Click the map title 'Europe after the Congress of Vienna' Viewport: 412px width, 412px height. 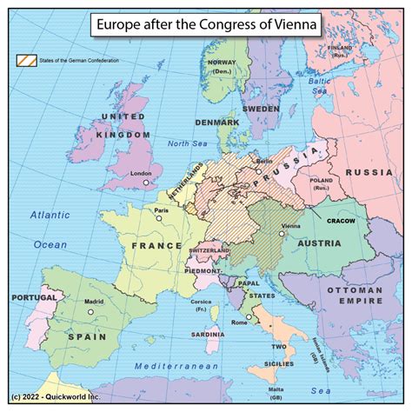click(x=205, y=23)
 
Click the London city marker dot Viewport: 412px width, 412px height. click(x=147, y=183)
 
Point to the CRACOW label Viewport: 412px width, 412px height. click(x=346, y=222)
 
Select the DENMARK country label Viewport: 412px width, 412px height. click(x=216, y=123)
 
